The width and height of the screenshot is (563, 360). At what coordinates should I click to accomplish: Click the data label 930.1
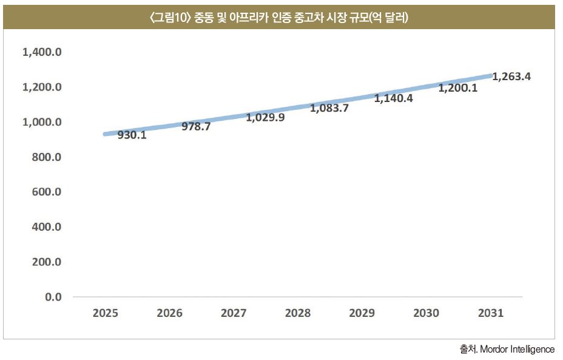click(x=132, y=135)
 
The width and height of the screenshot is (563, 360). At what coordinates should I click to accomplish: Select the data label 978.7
click(x=196, y=126)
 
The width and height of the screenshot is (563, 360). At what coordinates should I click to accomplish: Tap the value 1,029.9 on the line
click(x=265, y=117)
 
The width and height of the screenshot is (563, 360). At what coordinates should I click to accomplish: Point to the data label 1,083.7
click(x=329, y=108)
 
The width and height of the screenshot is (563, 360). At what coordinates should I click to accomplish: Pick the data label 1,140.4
click(x=394, y=98)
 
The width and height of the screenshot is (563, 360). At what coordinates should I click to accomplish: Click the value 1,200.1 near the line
click(x=458, y=87)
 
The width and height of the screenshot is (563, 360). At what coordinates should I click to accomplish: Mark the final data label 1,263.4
click(x=511, y=76)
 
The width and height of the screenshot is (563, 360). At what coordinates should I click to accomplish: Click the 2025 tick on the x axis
click(x=105, y=313)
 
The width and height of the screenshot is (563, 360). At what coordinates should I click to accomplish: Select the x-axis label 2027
click(x=234, y=313)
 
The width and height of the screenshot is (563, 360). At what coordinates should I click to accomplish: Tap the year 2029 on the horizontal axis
click(x=362, y=313)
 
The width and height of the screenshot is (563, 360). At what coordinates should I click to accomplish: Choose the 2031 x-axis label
click(x=490, y=313)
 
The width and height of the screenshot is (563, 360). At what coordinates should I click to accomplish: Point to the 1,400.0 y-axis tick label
click(x=42, y=52)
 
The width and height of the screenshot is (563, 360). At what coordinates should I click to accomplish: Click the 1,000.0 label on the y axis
click(x=42, y=122)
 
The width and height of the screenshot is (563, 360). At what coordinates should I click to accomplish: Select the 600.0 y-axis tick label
click(x=47, y=191)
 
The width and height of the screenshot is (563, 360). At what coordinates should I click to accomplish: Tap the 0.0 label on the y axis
click(x=53, y=297)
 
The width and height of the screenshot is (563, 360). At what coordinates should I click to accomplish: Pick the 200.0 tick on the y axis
click(x=47, y=262)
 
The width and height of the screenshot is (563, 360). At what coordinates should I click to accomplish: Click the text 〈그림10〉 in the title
click(x=169, y=17)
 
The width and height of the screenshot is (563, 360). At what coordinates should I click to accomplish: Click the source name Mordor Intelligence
click(x=517, y=349)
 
